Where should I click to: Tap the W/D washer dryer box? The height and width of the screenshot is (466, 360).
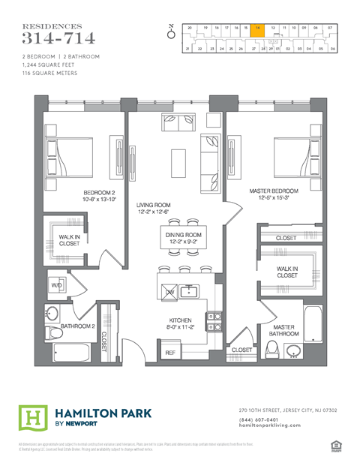coord(55,286)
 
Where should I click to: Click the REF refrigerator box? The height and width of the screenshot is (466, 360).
coord(170,352)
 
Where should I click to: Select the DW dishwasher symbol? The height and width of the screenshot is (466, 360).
coord(170,291)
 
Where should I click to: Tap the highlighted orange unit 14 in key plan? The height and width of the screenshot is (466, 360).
coord(258,28)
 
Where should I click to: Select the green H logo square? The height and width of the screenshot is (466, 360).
coord(31,417)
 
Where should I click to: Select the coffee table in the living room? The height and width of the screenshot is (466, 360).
coord(178,161)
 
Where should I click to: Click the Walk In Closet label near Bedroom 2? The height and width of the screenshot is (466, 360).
coord(70,239)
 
